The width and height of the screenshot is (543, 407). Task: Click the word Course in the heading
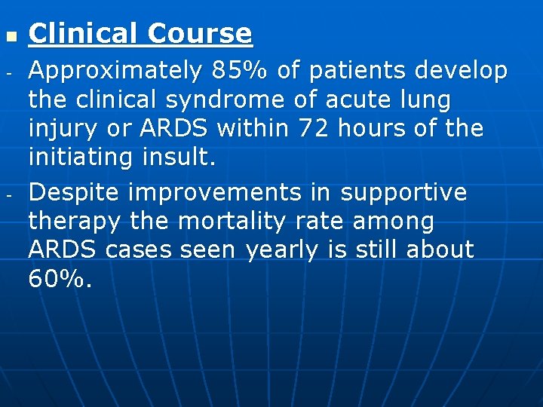(x=199, y=34)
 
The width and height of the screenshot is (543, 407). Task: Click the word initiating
(x=79, y=157)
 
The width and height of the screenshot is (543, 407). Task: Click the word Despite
(x=74, y=193)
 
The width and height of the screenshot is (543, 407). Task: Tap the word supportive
(x=403, y=193)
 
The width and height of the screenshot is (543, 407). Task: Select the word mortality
(x=238, y=222)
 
